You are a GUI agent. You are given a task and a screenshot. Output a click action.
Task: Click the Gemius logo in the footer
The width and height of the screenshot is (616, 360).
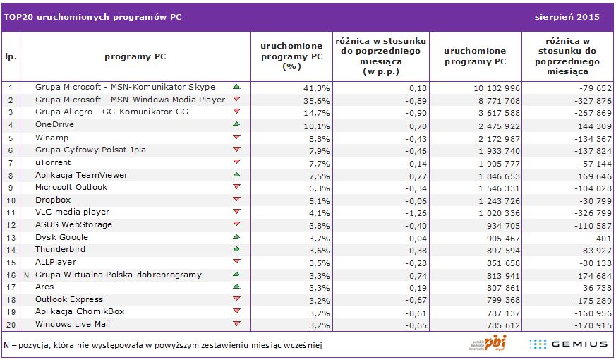(569, 344)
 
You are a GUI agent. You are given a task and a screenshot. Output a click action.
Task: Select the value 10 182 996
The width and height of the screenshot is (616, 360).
(494, 88)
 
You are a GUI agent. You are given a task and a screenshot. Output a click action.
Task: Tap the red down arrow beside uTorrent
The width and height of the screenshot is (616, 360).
(236, 162)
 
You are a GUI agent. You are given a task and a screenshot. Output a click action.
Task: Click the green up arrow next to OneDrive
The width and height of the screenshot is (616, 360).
(236, 124)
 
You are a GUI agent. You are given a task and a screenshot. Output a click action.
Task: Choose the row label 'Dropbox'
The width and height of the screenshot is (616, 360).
(54, 200)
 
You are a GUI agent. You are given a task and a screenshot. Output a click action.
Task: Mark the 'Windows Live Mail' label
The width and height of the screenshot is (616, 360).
(72, 324)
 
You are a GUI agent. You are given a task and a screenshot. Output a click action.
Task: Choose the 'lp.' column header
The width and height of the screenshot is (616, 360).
(11, 56)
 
